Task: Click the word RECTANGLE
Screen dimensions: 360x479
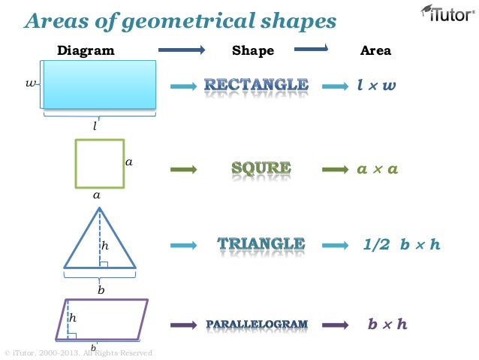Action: (257, 85)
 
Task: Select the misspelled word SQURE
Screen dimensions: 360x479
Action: (261, 169)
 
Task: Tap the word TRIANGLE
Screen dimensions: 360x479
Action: (261, 244)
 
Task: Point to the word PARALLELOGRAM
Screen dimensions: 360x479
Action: (257, 325)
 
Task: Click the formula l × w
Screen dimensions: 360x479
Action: (376, 86)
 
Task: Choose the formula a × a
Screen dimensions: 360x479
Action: (377, 169)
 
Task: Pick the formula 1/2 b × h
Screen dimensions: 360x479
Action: (401, 244)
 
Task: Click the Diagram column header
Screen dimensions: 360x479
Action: (86, 51)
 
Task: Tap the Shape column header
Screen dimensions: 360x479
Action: (253, 51)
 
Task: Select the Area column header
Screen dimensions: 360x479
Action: (375, 51)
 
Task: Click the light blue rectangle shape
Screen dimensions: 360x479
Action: (100, 84)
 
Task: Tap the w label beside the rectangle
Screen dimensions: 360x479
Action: (31, 83)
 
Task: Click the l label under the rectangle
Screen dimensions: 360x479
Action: (95, 126)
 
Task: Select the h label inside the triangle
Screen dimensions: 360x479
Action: (106, 245)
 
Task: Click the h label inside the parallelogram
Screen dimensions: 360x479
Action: (73, 318)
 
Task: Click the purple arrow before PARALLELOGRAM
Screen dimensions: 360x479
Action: (184, 325)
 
